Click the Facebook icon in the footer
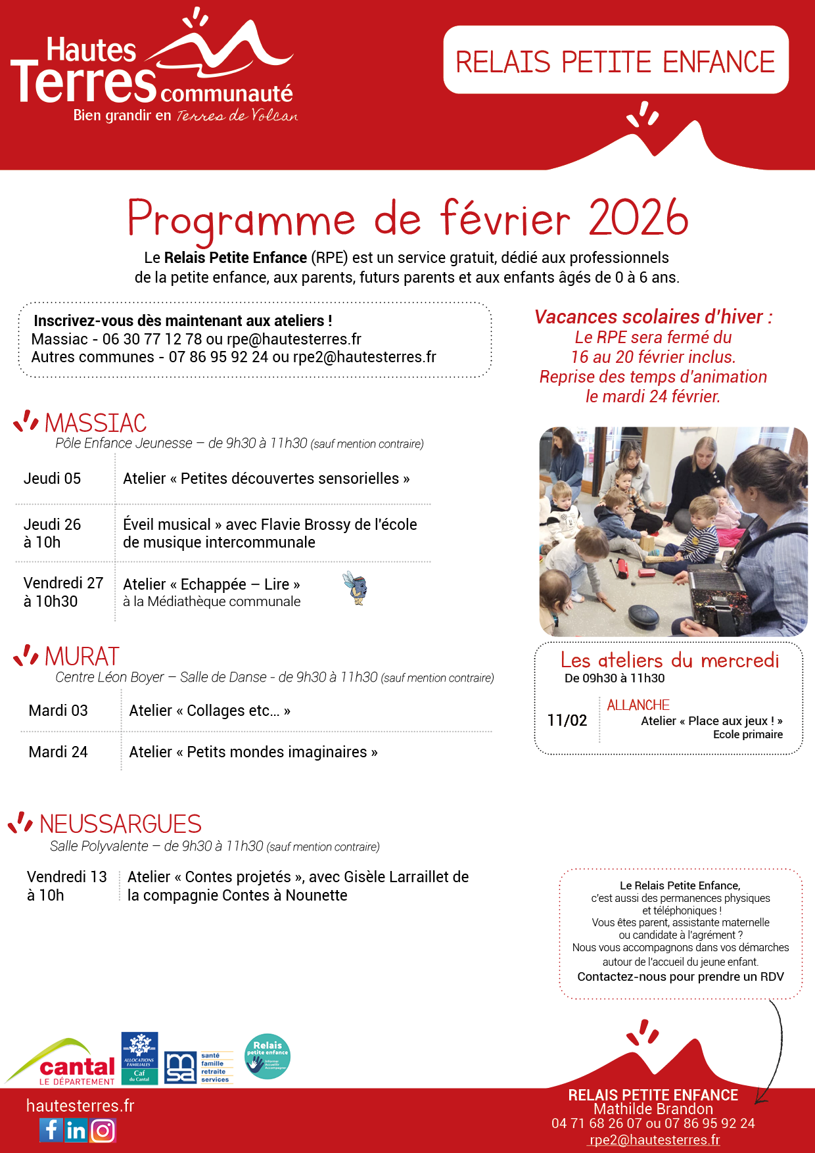[51, 1130]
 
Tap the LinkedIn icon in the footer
[76, 1130]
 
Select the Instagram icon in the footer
[103, 1131]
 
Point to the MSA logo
[180, 1068]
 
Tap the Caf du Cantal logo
[139, 1058]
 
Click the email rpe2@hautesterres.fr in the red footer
[654, 1140]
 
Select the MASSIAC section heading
[95, 423]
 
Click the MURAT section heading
[82, 656]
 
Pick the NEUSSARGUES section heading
[120, 824]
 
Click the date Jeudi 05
[52, 479]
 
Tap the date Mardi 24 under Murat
[58, 752]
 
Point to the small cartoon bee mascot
[356, 588]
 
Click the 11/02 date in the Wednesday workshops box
[567, 720]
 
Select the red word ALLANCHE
[638, 705]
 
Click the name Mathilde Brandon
[653, 1109]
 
